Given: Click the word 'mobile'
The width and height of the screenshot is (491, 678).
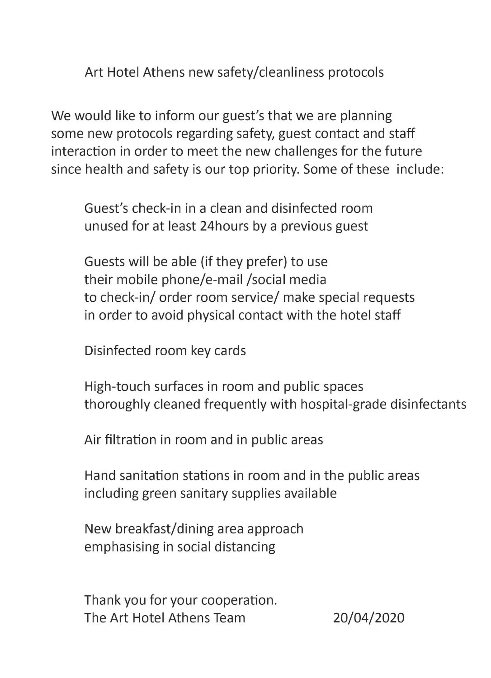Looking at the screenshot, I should [136, 280].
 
